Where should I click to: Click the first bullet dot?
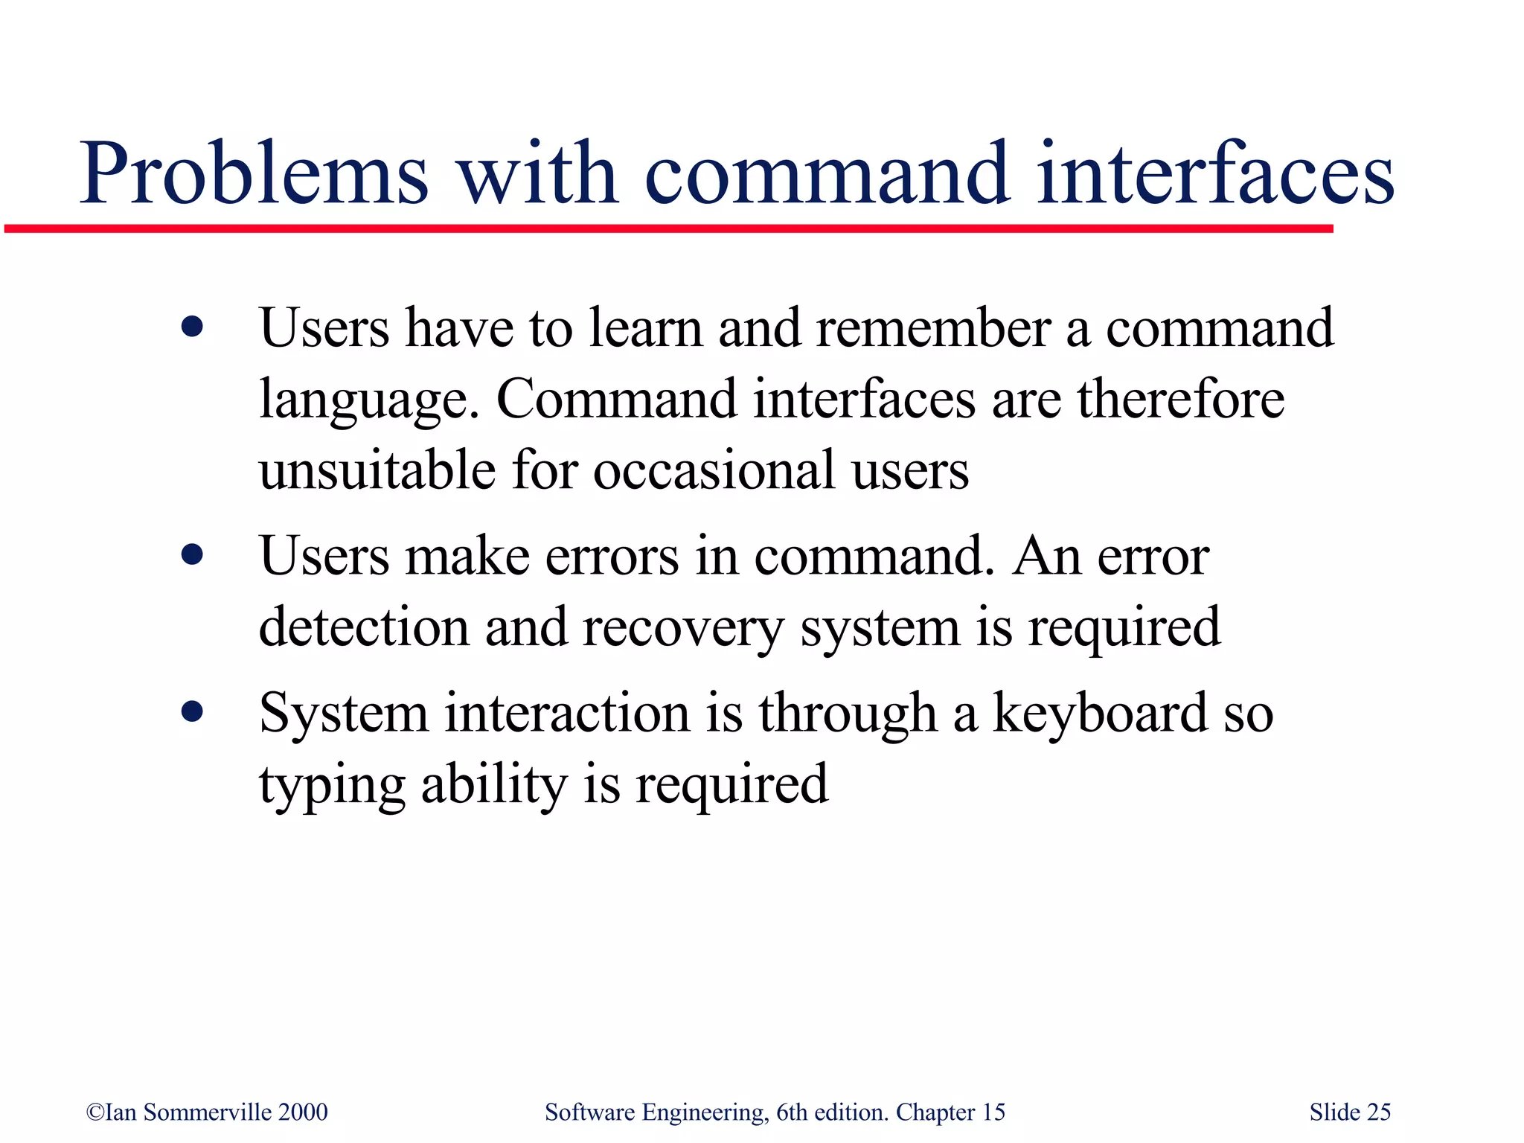pos(192,327)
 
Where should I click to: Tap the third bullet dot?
pos(192,712)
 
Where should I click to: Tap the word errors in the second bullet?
pos(612,557)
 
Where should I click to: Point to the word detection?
pos(364,627)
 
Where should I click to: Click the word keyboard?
pos(1101,713)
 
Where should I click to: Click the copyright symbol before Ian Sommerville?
pos(95,1112)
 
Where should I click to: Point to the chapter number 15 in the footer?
pos(993,1112)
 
